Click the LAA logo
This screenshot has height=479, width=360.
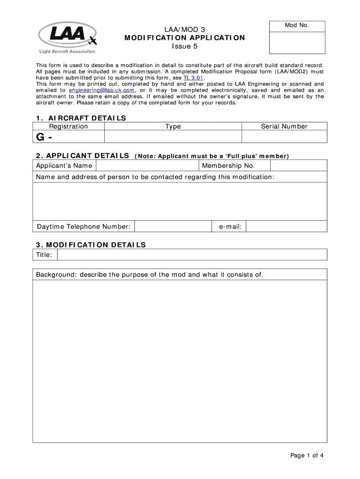[67, 38]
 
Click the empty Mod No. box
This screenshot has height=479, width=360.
[298, 43]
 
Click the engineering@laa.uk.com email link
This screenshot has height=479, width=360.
[102, 90]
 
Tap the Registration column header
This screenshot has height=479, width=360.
[69, 126]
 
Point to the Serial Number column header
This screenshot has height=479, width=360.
[284, 126]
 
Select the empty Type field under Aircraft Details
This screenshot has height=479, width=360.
[173, 137]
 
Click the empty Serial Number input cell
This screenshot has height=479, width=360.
[284, 137]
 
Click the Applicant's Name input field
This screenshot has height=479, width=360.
[147, 166]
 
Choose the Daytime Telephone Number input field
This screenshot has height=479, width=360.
[173, 226]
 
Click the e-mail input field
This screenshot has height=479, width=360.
[286, 226]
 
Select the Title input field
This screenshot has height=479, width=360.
[192, 254]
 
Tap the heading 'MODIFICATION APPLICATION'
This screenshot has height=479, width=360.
[184, 38]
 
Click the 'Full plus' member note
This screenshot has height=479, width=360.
[212, 156]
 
